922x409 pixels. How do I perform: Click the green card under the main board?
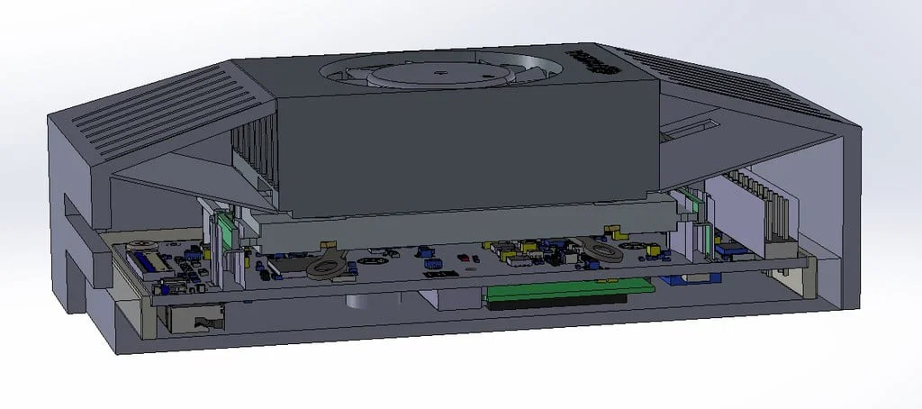coord(567,290)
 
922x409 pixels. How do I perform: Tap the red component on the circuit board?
coord(465,258)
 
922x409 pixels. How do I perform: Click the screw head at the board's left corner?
coord(141,245)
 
